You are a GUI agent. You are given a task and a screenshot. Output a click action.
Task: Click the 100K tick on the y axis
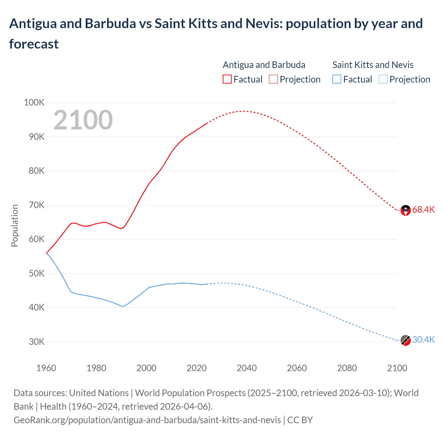pyautogui.click(x=34, y=103)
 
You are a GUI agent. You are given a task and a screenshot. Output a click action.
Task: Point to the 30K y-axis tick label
pyautogui.click(x=37, y=342)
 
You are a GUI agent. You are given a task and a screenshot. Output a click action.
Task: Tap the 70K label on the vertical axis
pyautogui.click(x=37, y=205)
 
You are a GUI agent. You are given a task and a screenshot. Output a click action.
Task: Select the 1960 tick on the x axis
pyautogui.click(x=46, y=368)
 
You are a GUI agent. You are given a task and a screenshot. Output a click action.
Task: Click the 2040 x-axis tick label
pyautogui.click(x=247, y=368)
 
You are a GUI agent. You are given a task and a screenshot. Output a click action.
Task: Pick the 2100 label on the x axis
pyautogui.click(x=397, y=368)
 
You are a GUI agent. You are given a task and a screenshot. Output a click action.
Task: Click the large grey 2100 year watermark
pyautogui.click(x=83, y=120)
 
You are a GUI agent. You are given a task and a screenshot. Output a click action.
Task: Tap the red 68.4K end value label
pyautogui.click(x=423, y=210)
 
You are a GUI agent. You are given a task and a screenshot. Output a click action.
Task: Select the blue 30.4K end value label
pyautogui.click(x=423, y=340)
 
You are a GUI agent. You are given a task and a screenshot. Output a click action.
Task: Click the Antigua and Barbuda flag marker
pyautogui.click(x=405, y=210)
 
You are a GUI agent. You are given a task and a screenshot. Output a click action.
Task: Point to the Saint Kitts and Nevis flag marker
pyautogui.click(x=405, y=340)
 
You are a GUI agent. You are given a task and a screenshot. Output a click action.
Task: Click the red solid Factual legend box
pyautogui.click(x=227, y=79)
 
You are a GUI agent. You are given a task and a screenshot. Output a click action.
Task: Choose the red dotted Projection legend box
pyautogui.click(x=273, y=79)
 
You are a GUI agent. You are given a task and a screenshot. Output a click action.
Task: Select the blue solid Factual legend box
pyautogui.click(x=336, y=79)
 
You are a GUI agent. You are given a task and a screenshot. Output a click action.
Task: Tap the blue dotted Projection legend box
pyautogui.click(x=383, y=79)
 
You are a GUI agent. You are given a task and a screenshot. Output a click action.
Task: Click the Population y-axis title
pyautogui.click(x=15, y=225)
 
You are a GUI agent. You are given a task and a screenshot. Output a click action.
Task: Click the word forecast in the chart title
pyautogui.click(x=34, y=44)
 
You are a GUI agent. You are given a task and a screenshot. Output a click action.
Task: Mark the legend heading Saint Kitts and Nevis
pyautogui.click(x=373, y=65)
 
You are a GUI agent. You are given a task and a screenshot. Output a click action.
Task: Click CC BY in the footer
pyautogui.click(x=300, y=420)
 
